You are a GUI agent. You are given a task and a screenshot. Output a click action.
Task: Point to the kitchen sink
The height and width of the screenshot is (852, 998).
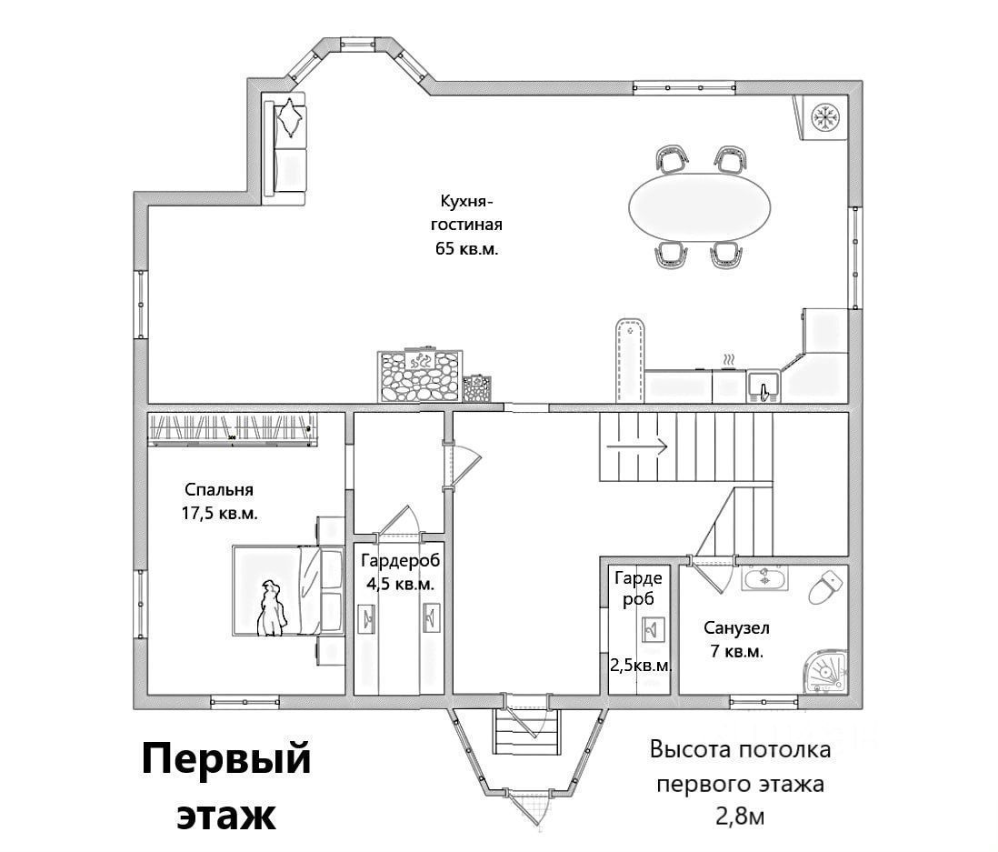click(x=763, y=387)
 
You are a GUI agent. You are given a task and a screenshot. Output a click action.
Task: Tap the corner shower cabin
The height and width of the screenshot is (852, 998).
click(x=827, y=673)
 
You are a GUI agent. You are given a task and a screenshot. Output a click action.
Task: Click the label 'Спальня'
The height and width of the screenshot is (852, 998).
click(x=218, y=490)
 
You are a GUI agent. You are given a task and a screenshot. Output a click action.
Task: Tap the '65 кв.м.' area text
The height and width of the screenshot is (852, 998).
click(x=467, y=247)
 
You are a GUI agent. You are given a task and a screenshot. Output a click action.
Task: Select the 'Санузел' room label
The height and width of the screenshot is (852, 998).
click(x=736, y=627)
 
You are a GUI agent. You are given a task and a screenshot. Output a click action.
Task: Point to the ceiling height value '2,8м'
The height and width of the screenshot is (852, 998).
click(x=741, y=815)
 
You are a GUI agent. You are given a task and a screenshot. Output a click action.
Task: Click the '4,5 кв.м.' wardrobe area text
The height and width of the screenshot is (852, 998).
click(x=400, y=584)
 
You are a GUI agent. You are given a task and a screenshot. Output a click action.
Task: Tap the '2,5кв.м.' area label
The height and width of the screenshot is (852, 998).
click(x=642, y=666)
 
